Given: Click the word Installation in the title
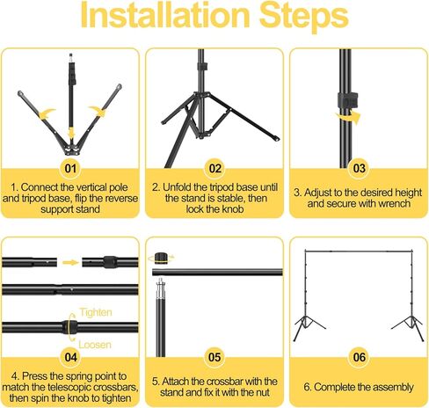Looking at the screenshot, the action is [x=164, y=15].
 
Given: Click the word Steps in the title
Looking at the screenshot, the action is [x=304, y=17].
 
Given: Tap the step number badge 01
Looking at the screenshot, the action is [x=70, y=169].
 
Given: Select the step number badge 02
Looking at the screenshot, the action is [x=214, y=169].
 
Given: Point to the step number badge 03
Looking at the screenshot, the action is [x=359, y=169].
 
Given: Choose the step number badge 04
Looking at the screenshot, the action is [x=70, y=357].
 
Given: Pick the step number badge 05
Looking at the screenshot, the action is [x=214, y=357].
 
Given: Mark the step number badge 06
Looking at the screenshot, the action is [x=360, y=357].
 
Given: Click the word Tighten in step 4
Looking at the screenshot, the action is [x=96, y=313].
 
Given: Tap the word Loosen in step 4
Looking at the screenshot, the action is [x=95, y=345].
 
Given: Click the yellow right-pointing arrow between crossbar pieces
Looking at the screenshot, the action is [x=70, y=262].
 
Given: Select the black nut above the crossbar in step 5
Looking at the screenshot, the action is [x=161, y=259].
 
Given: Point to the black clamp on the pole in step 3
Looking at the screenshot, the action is [x=348, y=100].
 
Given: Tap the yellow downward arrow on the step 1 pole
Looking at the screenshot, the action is [x=70, y=134].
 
